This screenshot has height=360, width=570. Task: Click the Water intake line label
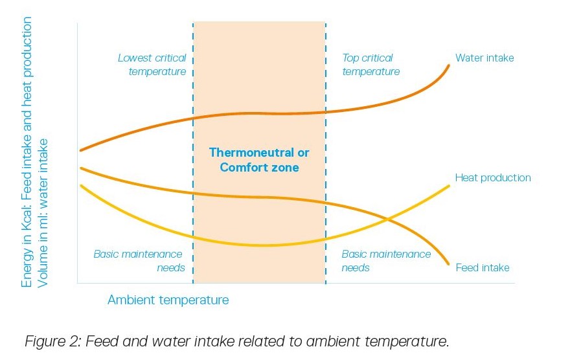484,58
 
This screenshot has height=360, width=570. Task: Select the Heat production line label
493,177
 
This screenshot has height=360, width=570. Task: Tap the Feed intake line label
483,267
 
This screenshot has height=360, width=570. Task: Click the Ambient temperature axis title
168,300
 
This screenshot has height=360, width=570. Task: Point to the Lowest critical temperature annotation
152,65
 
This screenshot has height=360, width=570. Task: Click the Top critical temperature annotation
370,65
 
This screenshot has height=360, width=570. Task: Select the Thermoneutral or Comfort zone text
259,160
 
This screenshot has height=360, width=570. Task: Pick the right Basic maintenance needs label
386,261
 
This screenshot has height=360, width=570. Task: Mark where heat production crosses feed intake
388,219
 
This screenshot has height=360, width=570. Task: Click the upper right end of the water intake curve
449,66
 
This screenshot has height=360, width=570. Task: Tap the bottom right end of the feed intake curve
448,264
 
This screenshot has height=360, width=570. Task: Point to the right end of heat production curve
449,186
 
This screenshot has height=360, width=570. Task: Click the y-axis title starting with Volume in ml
42,213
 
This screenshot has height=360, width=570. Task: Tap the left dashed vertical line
193,153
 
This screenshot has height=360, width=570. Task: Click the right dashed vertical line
326,153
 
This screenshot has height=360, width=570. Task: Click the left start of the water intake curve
81,150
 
